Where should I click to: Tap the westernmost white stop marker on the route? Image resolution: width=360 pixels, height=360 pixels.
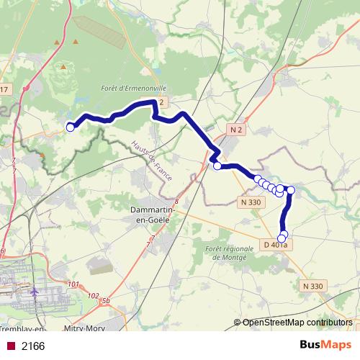pos(71,127)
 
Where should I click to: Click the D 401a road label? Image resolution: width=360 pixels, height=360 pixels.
pos(274,246)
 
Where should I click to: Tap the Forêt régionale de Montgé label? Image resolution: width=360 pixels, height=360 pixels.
pos(226,252)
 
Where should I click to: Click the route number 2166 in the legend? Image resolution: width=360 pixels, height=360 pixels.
pos(33,346)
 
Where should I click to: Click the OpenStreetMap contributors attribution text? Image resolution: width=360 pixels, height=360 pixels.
pos(297,323)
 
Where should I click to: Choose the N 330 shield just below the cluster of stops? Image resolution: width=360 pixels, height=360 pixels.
pos(251,202)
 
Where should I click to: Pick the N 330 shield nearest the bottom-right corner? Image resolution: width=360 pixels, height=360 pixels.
pos(313,286)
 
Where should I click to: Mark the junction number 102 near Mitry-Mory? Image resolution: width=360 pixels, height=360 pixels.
pos(92,296)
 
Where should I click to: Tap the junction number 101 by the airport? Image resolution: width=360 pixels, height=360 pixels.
pos(73,284)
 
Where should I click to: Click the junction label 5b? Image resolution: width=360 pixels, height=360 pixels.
pos(107,300)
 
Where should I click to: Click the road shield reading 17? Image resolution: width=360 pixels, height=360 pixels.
pos(5,89)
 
